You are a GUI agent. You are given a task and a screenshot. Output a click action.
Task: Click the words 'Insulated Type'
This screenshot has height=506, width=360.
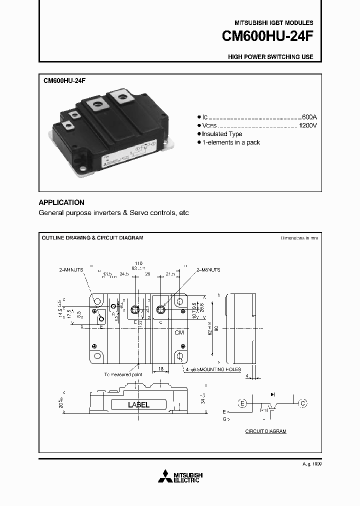click(x=222, y=134)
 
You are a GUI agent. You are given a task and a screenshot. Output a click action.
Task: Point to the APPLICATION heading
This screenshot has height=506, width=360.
click(x=61, y=202)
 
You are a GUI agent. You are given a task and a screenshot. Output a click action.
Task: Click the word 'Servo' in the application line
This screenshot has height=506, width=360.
click(x=138, y=212)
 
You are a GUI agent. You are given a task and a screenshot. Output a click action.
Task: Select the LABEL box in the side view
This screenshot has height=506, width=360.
click(x=138, y=405)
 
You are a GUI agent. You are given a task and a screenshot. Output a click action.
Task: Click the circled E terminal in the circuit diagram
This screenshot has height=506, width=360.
click(x=242, y=403)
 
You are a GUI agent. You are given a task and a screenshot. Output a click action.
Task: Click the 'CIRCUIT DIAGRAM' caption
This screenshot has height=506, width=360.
click(x=265, y=431)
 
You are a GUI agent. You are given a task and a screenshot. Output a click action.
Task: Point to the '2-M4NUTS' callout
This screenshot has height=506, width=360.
click(x=70, y=269)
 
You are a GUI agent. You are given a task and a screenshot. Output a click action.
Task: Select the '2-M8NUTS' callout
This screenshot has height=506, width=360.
click(x=208, y=269)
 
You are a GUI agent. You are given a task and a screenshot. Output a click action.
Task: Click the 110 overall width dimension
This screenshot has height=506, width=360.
click(x=139, y=263)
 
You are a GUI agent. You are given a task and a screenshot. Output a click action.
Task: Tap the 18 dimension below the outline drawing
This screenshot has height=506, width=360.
click(x=160, y=368)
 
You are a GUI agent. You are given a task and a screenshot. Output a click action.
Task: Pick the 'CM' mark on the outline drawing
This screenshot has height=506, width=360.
click(x=179, y=332)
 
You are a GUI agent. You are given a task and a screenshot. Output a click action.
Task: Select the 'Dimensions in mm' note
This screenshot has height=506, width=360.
click(x=299, y=238)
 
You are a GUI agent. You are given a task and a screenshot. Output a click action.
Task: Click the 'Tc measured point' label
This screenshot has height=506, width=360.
click(x=123, y=374)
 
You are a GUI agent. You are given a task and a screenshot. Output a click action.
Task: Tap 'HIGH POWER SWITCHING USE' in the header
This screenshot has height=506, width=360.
click(x=270, y=56)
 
